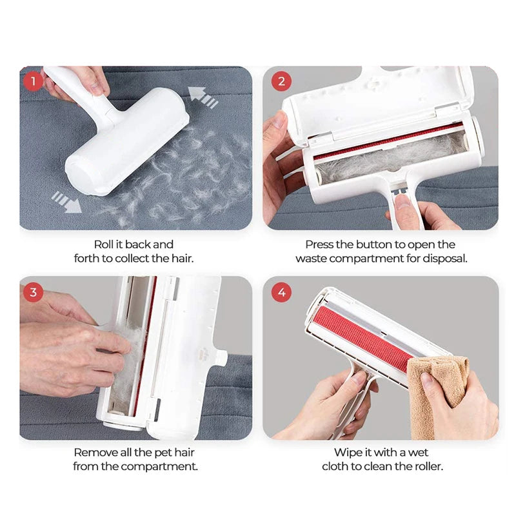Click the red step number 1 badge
[33, 82]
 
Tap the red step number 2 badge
[281, 82]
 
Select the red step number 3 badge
[33, 292]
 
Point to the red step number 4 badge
[281, 292]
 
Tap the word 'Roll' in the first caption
[104, 244]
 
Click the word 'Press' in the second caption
[320, 244]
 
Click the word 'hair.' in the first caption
[181, 258]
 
